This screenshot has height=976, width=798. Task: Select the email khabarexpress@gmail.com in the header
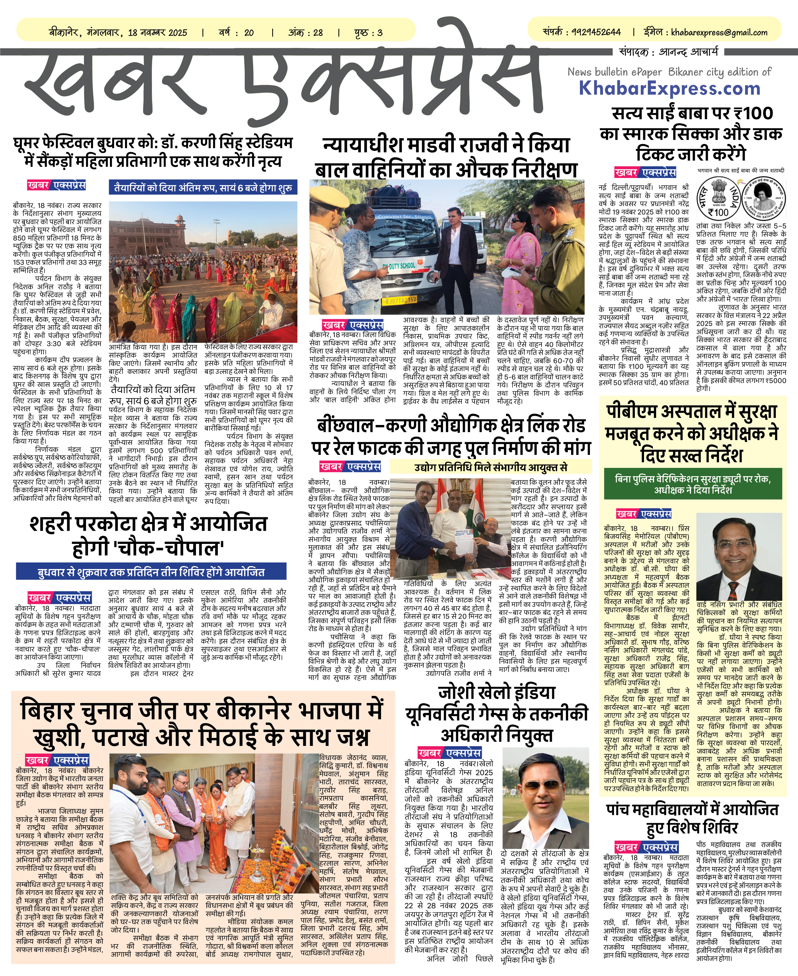tap(719, 33)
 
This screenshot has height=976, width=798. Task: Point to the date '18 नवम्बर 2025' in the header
tap(158, 33)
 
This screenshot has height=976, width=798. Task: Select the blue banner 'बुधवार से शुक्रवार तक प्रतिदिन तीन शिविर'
tap(151, 572)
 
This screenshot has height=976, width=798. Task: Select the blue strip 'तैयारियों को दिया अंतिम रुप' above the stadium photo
tap(203, 187)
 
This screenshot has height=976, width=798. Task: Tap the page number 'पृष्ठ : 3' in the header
tap(368, 33)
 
